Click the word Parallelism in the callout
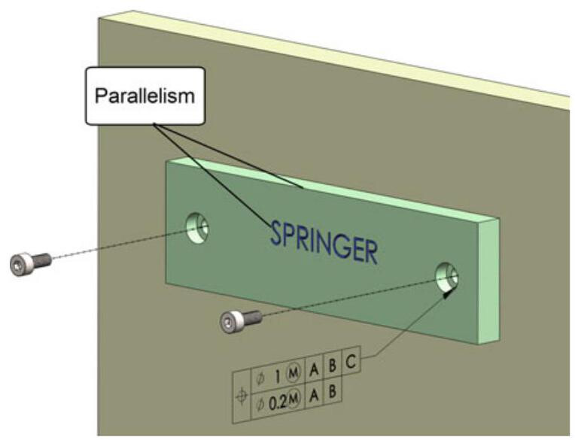[x=142, y=97]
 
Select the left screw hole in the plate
[x=199, y=226]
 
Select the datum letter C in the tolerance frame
[x=351, y=362]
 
